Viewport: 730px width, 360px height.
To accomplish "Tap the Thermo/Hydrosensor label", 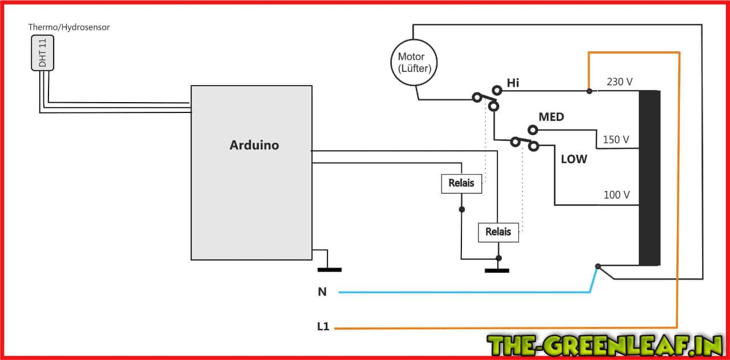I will click(69, 27).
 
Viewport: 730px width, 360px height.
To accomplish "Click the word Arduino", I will click(254, 145).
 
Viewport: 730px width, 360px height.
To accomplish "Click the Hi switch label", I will click(513, 83).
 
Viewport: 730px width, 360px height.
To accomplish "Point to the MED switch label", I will click(551, 117).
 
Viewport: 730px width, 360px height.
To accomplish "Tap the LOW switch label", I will click(574, 159).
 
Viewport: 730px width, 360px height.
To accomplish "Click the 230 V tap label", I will click(619, 82).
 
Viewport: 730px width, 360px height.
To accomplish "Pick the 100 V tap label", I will click(617, 195).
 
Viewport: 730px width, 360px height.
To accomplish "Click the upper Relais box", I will click(461, 184).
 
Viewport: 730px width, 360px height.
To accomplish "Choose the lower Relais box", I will click(498, 232).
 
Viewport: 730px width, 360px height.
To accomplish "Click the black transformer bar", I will click(649, 178).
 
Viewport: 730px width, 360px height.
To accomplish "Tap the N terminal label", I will click(322, 292).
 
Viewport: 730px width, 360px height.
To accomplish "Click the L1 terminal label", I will click(323, 327).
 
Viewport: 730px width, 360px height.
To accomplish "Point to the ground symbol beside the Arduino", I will click(329, 269).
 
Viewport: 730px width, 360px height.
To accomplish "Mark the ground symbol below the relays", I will click(497, 270).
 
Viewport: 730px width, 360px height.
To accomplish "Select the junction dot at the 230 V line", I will click(589, 91).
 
